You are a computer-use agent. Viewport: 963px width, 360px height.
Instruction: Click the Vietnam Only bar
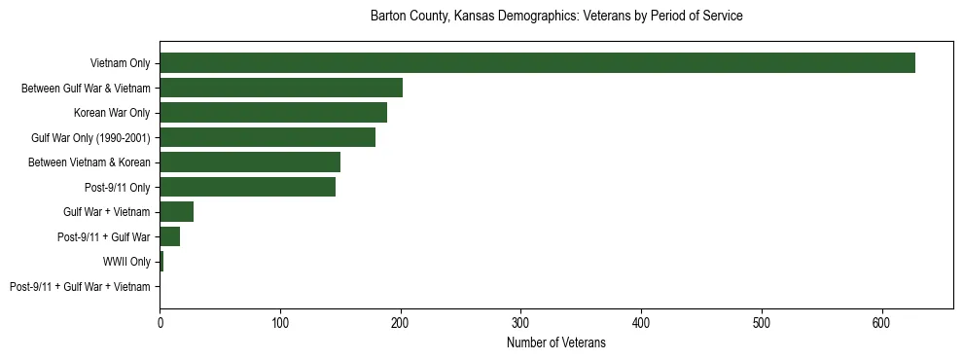coord(537,63)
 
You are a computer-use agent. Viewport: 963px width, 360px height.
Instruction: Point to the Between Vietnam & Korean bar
coord(250,162)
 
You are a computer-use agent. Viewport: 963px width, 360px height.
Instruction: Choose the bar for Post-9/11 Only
coord(248,187)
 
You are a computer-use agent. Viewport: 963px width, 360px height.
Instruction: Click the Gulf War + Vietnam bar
coord(177,212)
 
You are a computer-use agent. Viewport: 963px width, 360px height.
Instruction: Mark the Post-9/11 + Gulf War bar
coord(170,236)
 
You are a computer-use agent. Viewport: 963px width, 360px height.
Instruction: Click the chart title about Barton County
coord(556,17)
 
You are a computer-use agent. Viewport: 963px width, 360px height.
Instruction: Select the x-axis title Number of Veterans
coord(556,342)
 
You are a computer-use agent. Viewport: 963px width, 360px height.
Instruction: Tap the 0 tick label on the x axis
coord(160,322)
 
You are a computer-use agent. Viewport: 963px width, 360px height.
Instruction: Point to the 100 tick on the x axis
coord(280,322)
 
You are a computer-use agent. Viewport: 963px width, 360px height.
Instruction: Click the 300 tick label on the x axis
coord(521,322)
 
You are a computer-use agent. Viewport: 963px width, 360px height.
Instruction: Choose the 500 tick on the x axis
coord(762,322)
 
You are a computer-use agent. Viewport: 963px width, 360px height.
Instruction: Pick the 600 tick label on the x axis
coord(882,322)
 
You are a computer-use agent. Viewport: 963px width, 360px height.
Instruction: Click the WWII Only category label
coord(126,262)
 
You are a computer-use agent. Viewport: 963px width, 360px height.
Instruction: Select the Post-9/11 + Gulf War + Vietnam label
coord(80,287)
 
